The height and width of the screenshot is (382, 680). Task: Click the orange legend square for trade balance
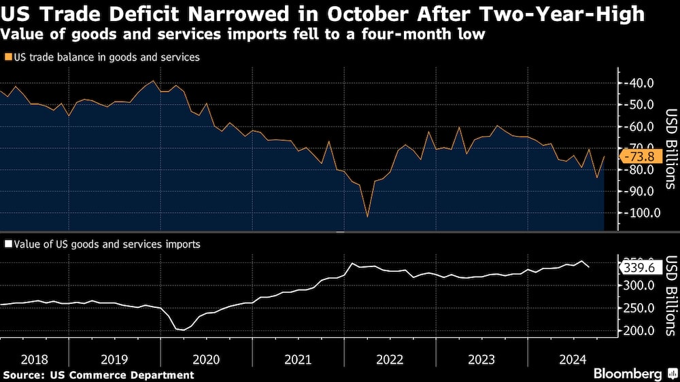point(7,58)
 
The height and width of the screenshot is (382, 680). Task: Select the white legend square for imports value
point(7,244)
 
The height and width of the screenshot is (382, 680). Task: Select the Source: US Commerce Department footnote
point(99,375)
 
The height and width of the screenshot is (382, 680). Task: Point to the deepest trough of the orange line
point(367,217)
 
